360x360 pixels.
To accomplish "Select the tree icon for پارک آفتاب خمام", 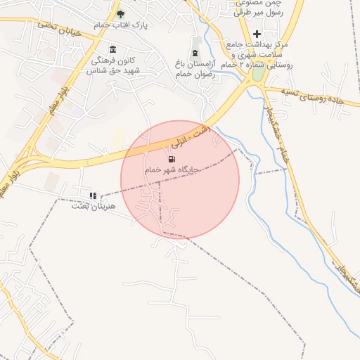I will tap(120, 14).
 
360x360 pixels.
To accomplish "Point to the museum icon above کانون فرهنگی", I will tap(113, 49).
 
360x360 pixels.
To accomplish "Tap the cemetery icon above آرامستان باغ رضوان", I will tap(195, 54).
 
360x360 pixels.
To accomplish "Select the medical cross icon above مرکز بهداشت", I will tap(257, 34).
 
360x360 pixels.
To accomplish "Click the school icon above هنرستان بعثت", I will tap(93, 195).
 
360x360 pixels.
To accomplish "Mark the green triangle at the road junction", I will tap(259, 72).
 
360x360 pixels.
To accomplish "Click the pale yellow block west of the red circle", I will tap(120, 137).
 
